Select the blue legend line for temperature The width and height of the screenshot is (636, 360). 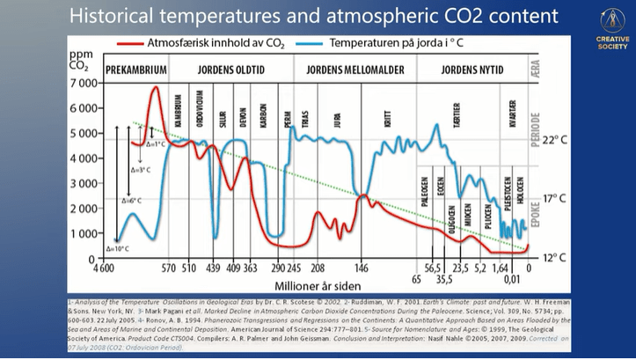(x=304, y=42)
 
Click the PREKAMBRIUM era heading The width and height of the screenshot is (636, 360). (x=136, y=70)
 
